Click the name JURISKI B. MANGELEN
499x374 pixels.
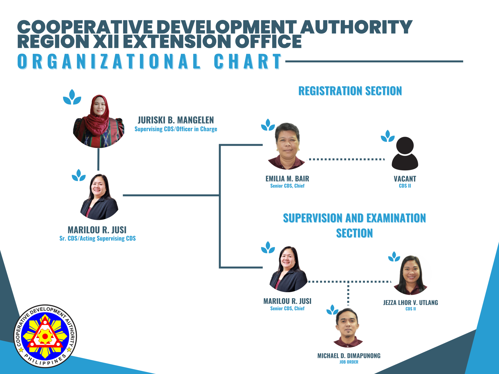tap(176, 120)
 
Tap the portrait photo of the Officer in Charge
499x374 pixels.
tap(99, 122)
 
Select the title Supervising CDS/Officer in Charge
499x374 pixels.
tap(176, 129)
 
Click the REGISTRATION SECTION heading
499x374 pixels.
tap(350, 91)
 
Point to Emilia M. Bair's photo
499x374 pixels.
tap(287, 146)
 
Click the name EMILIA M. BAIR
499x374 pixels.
tap(287, 179)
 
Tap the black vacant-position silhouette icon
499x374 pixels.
tap(405, 153)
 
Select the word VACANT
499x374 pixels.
tap(405, 179)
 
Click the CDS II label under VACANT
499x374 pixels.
tap(405, 186)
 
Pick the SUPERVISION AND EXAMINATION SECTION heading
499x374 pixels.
tap(354, 225)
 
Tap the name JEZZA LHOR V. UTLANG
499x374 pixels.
tap(411, 303)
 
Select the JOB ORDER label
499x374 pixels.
tap(349, 362)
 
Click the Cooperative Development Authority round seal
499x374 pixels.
tap(45, 336)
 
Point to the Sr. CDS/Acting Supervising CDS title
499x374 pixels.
tap(97, 238)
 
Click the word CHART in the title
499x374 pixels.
tap(248, 62)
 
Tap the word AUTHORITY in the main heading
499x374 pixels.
tap(356, 27)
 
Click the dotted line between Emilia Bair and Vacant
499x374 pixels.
tap(346, 159)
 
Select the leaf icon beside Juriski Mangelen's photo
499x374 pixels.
tap(72, 97)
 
